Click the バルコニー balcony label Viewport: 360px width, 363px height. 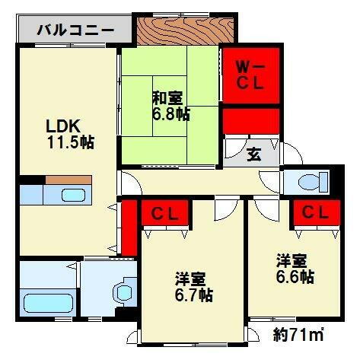76,31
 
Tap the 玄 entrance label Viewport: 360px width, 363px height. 252,154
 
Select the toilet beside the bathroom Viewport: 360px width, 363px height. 122,294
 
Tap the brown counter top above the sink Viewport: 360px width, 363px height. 68,180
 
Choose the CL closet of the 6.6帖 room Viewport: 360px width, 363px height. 314,212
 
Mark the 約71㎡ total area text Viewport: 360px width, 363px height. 298,333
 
